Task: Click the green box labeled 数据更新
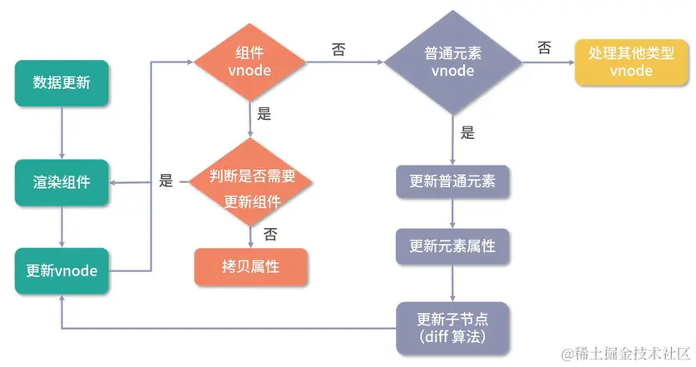(62, 83)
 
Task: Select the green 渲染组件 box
(62, 179)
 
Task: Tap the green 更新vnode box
(62, 270)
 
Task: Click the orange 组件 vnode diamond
(250, 62)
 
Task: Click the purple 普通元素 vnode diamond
(452, 62)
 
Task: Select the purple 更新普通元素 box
(452, 181)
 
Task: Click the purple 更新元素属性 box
(452, 246)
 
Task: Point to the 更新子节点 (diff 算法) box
(452, 325)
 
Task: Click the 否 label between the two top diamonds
(339, 50)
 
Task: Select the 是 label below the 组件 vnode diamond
(264, 115)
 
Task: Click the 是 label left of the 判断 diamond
(165, 180)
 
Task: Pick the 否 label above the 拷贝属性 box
(270, 234)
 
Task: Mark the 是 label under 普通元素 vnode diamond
(467, 131)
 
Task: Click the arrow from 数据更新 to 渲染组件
(62, 130)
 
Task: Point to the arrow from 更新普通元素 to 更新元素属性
(452, 213)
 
